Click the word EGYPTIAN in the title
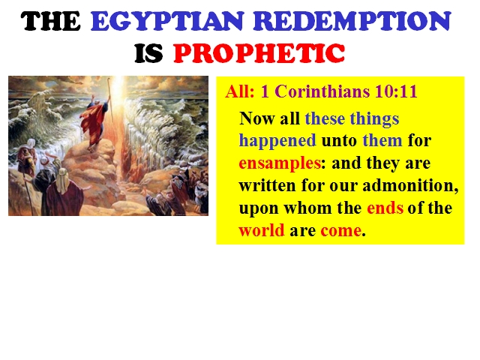click(x=167, y=21)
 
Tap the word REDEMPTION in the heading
click(x=352, y=21)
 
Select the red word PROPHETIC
click(x=259, y=53)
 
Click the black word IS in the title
click(x=148, y=53)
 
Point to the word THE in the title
click(x=50, y=21)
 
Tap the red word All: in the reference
click(x=240, y=91)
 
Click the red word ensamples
click(x=280, y=163)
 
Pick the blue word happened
click(x=277, y=141)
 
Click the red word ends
click(x=385, y=208)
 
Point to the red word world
click(x=262, y=230)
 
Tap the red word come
click(x=340, y=231)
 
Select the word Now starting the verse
click(x=256, y=118)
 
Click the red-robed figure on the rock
click(x=95, y=123)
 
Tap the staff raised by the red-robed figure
click(x=109, y=100)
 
